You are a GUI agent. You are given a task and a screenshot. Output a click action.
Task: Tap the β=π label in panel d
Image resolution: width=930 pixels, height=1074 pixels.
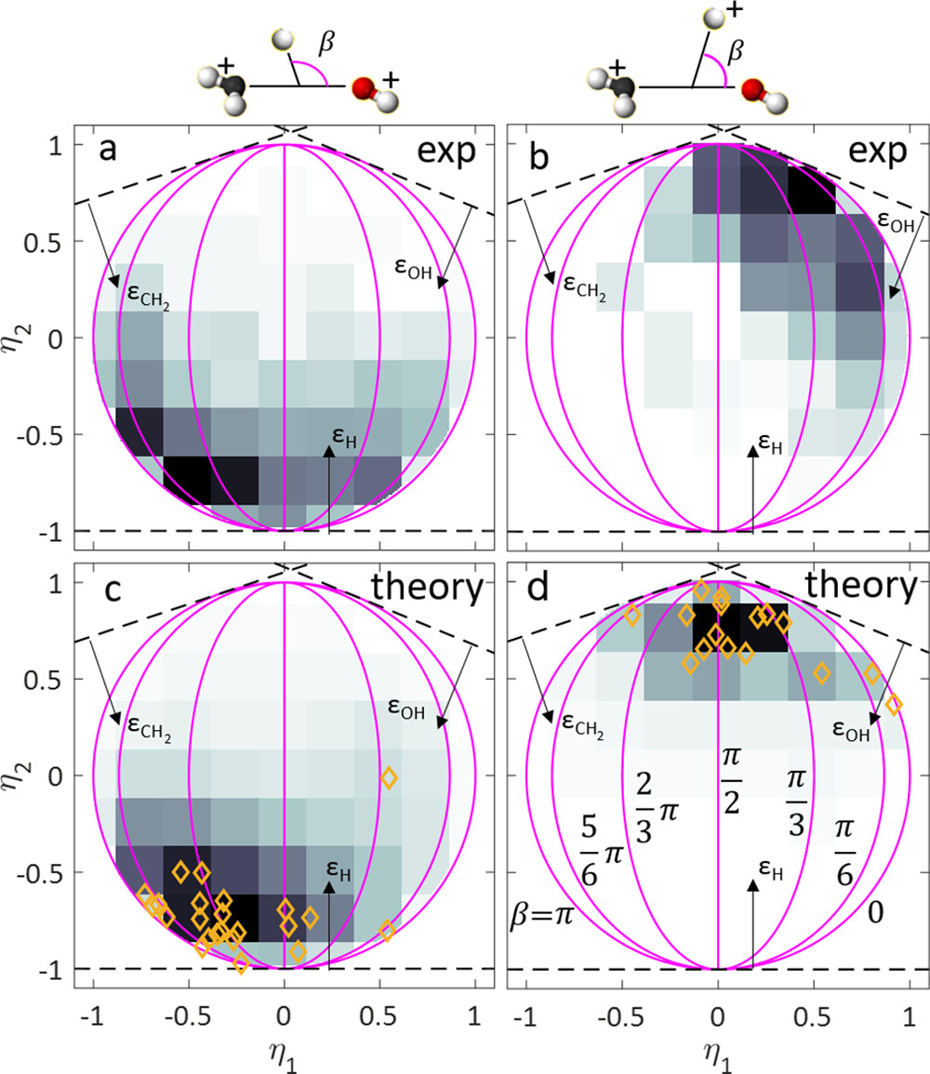[x=543, y=909]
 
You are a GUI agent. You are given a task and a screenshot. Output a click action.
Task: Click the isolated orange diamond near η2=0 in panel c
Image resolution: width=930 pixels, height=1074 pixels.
[x=389, y=777]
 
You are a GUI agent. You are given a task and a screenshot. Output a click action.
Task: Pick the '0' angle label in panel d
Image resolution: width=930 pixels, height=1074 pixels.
[x=875, y=910]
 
